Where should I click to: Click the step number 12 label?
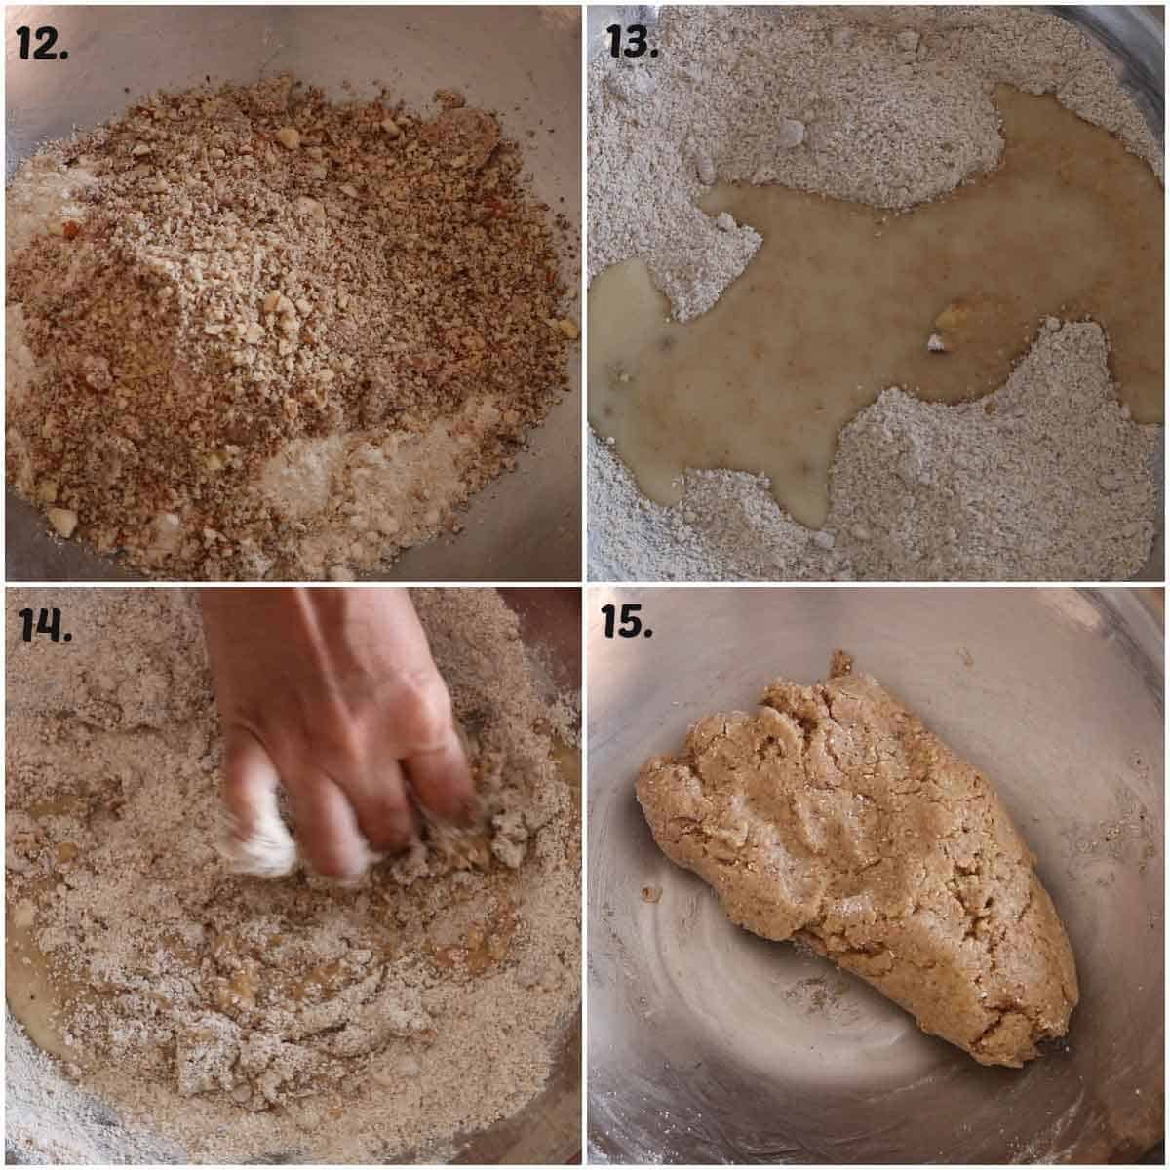coord(43,43)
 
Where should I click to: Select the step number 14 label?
coord(45,625)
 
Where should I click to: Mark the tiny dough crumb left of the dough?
coord(651,893)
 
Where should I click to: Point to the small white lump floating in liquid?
coord(937,342)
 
